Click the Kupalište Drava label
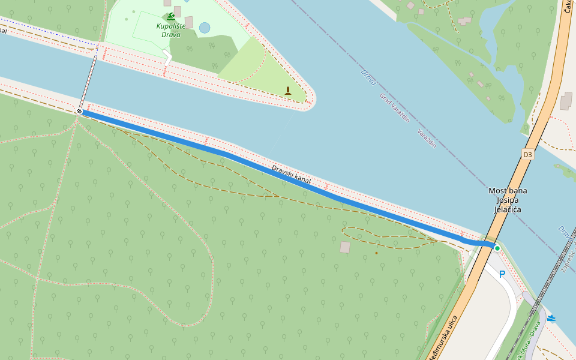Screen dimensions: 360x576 [x=172, y=30]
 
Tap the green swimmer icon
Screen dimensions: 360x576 [x=172, y=16]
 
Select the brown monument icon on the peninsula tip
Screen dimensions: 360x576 [x=288, y=91]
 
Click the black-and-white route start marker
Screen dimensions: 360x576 [x=79, y=112]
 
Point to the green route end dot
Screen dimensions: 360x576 [x=497, y=248]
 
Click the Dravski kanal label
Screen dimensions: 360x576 [x=291, y=175]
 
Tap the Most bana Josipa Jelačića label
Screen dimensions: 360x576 [x=508, y=200]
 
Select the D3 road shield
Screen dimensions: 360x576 [x=527, y=155]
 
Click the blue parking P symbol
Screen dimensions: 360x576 [x=502, y=274]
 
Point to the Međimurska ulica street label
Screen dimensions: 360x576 [x=442, y=338]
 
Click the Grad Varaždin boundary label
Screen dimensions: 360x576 [x=394, y=107]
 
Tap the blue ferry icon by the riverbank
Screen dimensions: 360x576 [x=551, y=319]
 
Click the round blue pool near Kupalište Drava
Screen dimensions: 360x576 [x=205, y=28]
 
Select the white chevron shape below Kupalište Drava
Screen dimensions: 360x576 [x=167, y=58]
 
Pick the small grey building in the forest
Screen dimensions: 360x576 [x=345, y=247]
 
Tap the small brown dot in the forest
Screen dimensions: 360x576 [x=376, y=253]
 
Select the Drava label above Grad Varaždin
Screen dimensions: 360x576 [x=368, y=76]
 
